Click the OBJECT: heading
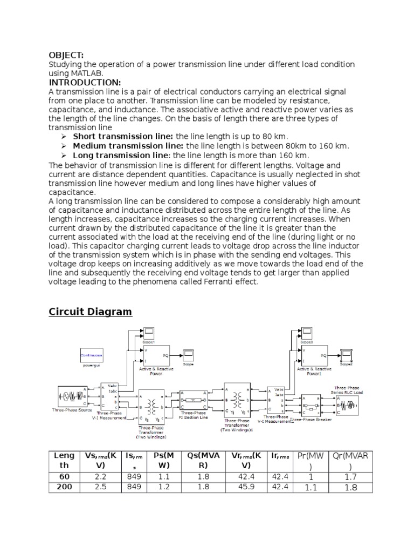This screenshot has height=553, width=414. (66, 56)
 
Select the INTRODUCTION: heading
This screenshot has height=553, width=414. (85, 82)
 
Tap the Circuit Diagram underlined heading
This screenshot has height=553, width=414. (90, 312)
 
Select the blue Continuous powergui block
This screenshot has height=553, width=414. (92, 356)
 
